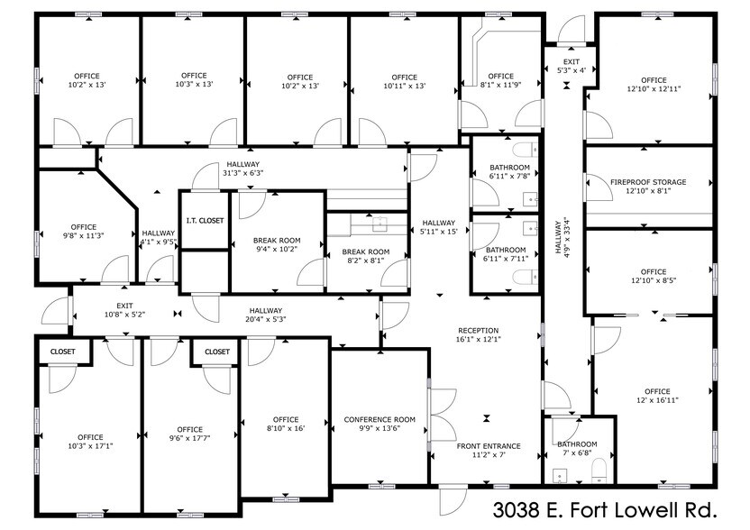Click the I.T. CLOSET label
click(205, 220)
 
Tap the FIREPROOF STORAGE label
click(647, 182)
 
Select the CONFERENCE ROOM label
click(380, 419)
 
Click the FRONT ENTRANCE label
click(488, 445)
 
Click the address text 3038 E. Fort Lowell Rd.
click(612, 510)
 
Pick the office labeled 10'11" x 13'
click(405, 81)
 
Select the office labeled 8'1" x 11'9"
click(500, 81)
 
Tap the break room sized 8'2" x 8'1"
click(366, 256)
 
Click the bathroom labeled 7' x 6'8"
click(576, 448)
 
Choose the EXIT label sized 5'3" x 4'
click(564, 65)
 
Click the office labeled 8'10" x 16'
click(285, 425)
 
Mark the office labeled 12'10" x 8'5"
click(654, 276)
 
